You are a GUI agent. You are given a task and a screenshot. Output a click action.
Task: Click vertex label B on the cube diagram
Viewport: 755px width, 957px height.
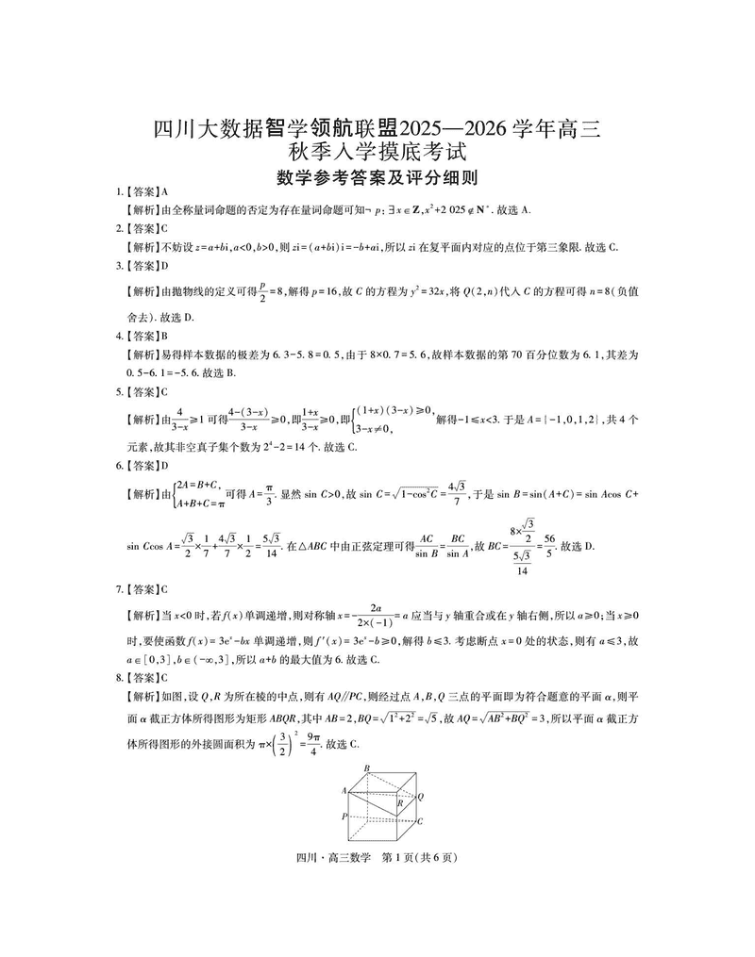pos(368,767)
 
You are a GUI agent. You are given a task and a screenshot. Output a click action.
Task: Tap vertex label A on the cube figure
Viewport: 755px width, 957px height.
pos(345,790)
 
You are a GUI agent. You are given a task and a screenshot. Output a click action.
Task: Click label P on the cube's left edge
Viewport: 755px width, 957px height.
pos(345,816)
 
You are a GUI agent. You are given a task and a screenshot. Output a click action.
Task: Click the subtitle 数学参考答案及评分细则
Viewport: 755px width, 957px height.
pos(377,176)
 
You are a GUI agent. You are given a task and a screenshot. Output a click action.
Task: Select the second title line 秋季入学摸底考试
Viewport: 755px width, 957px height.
pos(377,151)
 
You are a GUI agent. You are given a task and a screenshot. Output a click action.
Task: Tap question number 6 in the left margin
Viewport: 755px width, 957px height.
pos(118,465)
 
